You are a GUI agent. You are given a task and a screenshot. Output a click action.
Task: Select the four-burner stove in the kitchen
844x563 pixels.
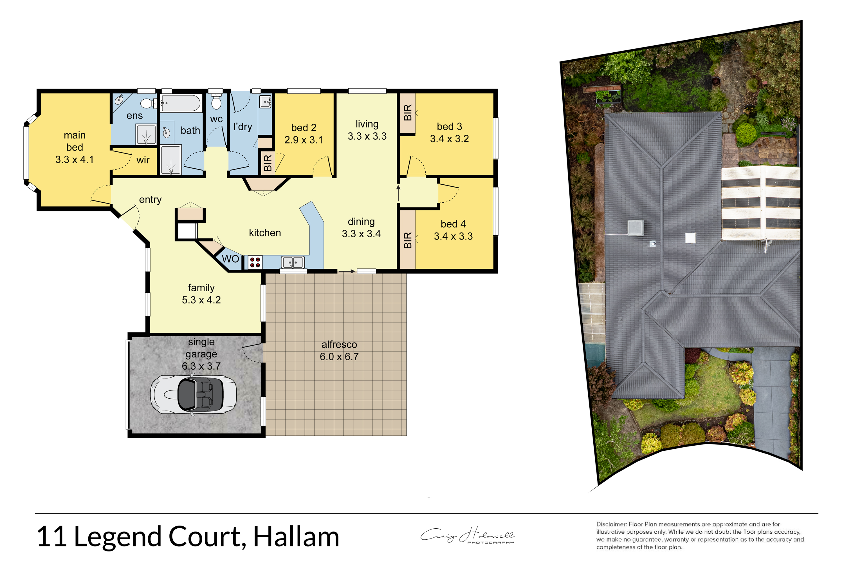pos(255,262)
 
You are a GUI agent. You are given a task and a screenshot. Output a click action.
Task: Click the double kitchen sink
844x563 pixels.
pos(293,262)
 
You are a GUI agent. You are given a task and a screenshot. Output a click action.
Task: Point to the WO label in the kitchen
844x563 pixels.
pos(230,259)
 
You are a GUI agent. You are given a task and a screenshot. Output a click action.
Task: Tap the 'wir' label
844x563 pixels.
pos(143,160)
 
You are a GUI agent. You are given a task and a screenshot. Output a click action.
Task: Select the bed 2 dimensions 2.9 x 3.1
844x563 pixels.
pos(304,140)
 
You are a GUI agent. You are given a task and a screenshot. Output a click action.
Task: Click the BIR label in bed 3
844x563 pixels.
pos(408,112)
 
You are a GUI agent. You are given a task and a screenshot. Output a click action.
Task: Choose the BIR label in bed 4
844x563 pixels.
pos(408,240)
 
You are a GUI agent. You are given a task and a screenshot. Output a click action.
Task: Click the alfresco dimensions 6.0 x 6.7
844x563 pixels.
pos(339,357)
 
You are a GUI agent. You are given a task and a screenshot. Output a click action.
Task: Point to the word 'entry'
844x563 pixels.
pos(150,200)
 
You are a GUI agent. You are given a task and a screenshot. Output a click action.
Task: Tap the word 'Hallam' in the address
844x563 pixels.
pos(297,537)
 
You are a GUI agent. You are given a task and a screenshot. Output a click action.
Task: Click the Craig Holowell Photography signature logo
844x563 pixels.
pos(468,535)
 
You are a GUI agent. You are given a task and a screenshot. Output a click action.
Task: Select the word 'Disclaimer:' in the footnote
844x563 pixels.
pos(611,524)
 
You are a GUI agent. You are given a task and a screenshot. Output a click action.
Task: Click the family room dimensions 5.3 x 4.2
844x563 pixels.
pos(201,300)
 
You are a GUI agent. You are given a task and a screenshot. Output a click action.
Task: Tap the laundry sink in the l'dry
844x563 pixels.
pos(265,102)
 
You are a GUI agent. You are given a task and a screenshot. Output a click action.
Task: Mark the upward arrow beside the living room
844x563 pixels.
pos(398,193)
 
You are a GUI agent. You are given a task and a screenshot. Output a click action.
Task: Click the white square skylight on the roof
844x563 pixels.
pos(690,238)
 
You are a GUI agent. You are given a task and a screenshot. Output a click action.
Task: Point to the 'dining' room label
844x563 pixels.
pos(361,222)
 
